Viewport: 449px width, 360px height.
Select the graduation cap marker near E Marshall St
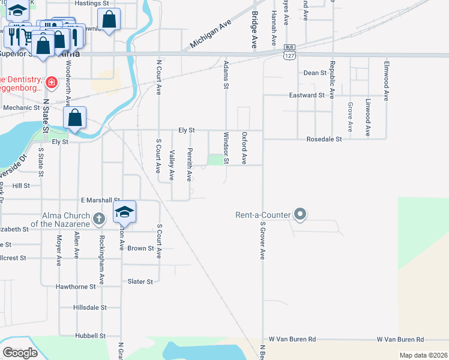pos(124,212)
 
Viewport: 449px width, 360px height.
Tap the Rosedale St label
pos(324,139)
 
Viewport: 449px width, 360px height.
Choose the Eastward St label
pos(307,95)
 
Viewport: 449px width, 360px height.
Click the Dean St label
pos(315,73)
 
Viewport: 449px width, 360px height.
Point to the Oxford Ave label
pos(244,148)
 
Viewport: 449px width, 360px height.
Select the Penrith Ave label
pos(189,165)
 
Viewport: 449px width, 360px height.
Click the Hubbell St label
pos(90,335)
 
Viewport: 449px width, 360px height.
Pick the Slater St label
pos(140,281)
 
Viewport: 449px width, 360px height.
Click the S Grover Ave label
pos(262,241)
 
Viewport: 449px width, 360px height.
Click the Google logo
pos(19,353)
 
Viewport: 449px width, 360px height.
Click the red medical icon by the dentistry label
pos(52,82)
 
